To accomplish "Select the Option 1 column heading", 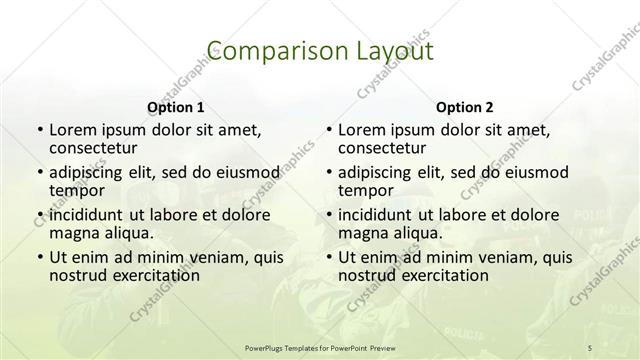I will click(175, 107).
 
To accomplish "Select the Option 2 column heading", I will click(464, 107).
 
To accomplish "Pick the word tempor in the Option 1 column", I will click(76, 190).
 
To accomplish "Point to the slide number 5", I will click(590, 346).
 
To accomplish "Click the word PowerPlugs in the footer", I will click(267, 346).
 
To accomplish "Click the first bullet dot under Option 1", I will click(39, 131).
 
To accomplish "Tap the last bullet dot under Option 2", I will click(328, 257).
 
